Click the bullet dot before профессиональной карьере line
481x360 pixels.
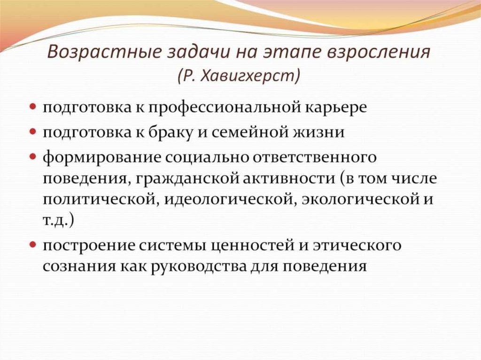[x=34, y=107]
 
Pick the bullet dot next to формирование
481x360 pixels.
[x=34, y=157]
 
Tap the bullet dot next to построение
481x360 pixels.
[x=34, y=245]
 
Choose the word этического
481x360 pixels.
[x=353, y=245]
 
